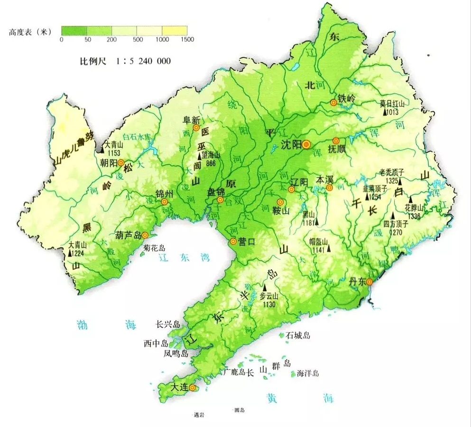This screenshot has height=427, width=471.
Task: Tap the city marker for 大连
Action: point(192,388)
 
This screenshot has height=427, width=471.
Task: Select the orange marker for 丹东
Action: point(369,282)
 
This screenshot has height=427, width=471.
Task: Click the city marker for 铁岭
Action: point(334,102)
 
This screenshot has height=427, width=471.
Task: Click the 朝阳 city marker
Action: point(121,162)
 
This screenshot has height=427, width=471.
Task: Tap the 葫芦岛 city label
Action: point(128,235)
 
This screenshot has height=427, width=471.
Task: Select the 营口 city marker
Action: point(233,241)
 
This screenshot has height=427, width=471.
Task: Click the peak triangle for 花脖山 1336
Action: point(411,199)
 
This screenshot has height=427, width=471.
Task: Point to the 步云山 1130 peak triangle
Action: point(265,288)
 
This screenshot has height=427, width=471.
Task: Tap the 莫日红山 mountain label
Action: point(392,104)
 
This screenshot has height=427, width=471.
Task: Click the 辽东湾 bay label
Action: point(185,258)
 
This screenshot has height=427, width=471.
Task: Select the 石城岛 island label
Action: point(298,335)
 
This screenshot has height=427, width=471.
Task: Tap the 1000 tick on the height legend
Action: point(162,40)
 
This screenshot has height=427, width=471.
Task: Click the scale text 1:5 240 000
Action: point(140,61)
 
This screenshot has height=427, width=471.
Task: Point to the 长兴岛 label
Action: point(168,324)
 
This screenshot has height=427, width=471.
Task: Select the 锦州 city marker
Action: point(164,202)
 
